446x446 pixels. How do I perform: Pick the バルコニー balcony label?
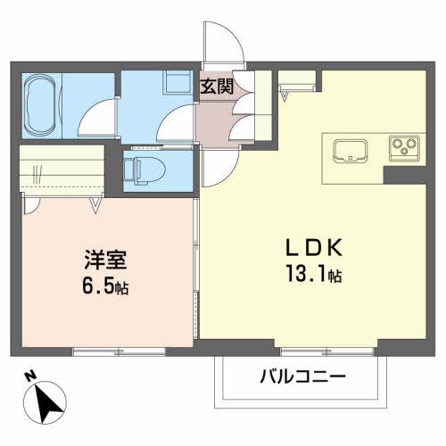(302, 376)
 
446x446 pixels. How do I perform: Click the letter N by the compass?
(29, 375)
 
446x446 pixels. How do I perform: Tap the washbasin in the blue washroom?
(172, 82)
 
